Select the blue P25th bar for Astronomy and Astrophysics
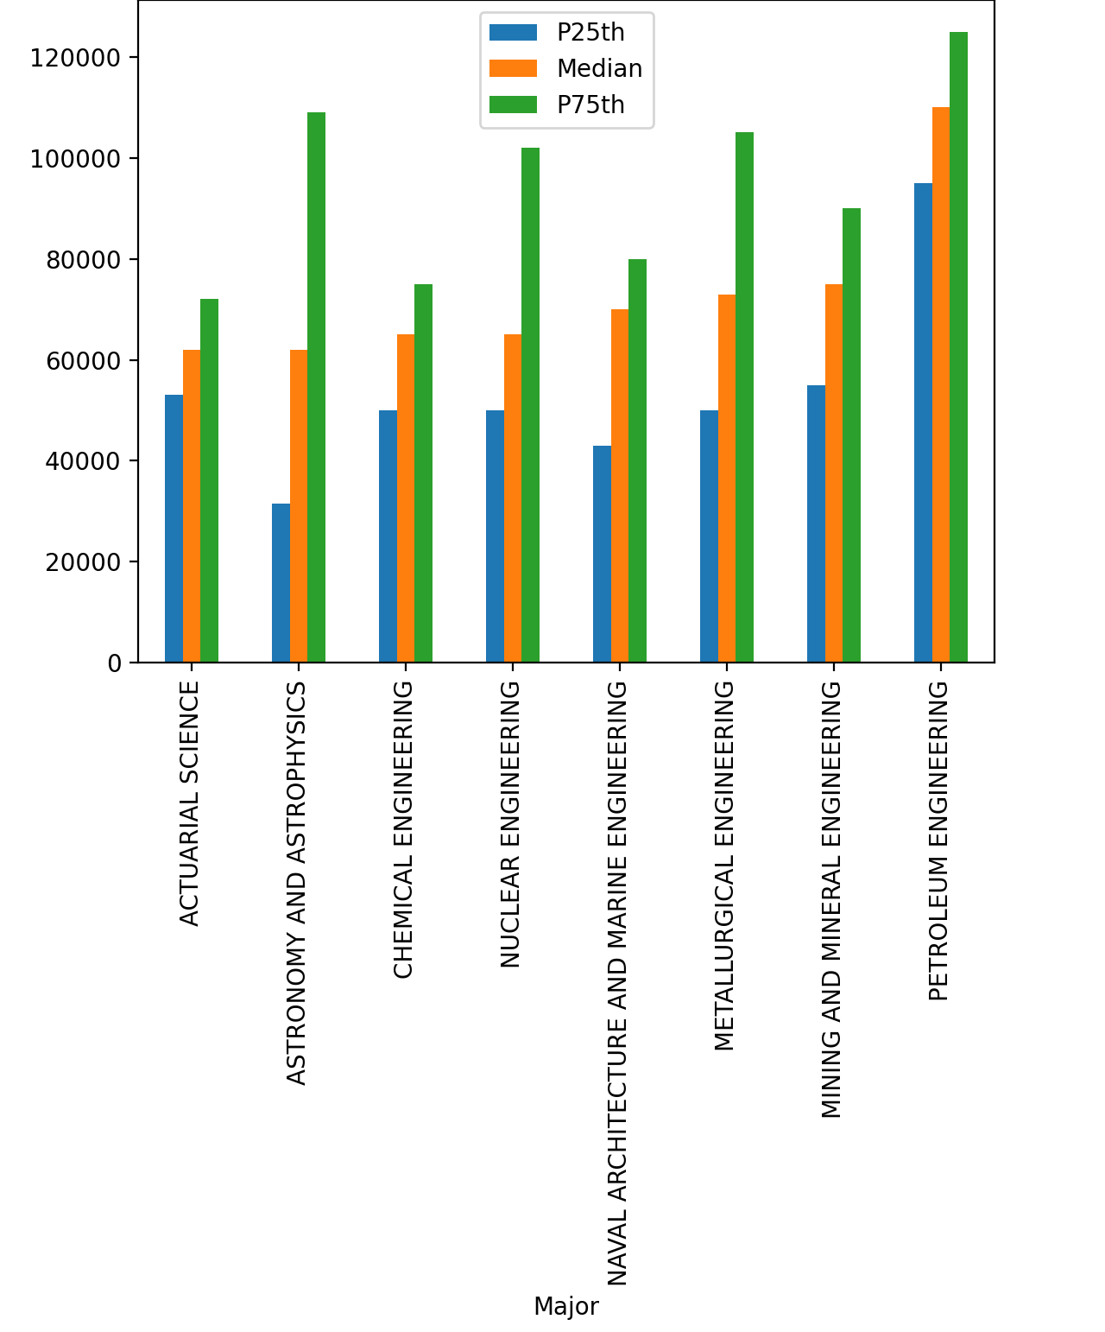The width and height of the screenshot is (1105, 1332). click(x=281, y=583)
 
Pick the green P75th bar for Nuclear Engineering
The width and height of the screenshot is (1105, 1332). click(x=530, y=405)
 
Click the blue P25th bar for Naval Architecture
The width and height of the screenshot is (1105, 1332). click(x=602, y=554)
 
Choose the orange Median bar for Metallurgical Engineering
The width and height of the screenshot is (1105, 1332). click(x=727, y=479)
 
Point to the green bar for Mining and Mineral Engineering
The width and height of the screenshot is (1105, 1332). click(x=851, y=435)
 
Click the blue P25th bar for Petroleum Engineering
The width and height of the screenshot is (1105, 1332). click(x=923, y=422)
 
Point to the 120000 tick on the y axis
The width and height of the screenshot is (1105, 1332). click(x=75, y=58)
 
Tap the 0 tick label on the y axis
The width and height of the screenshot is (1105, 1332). click(x=114, y=663)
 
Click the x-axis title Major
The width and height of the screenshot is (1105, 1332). click(x=565, y=1306)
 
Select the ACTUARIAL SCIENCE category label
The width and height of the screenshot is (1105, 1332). click(x=190, y=803)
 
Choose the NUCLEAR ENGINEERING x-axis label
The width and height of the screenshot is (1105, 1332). click(x=511, y=824)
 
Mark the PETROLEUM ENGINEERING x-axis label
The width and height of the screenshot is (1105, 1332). click(x=939, y=841)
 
